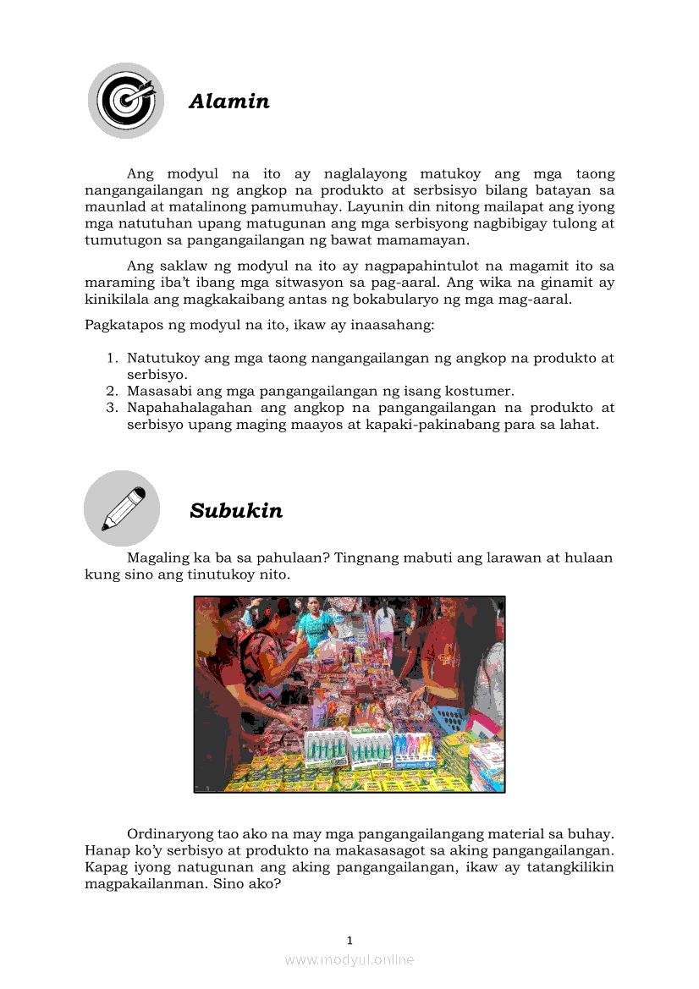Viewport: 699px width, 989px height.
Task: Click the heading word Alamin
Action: pos(229,102)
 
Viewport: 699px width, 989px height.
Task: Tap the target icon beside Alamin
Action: pos(126,100)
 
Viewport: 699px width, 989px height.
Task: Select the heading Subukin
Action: pos(236,511)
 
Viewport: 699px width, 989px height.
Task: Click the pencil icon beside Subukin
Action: pos(122,508)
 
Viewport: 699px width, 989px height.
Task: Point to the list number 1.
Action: pos(111,359)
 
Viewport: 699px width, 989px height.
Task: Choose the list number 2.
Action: pos(111,391)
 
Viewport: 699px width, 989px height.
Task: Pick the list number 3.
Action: pos(111,408)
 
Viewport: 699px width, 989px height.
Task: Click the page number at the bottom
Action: pos(349,940)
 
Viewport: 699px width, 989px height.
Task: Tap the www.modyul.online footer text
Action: pos(349,959)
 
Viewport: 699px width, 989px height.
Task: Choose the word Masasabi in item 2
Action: pos(158,391)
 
